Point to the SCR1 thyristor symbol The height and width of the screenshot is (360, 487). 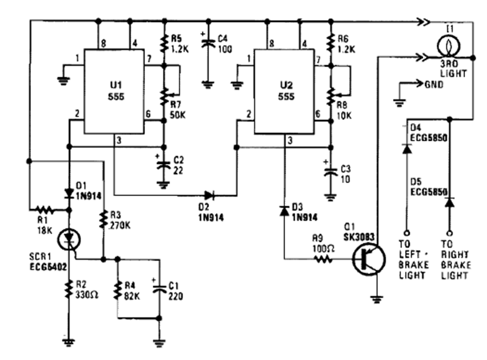click(69, 239)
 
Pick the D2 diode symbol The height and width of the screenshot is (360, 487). click(208, 194)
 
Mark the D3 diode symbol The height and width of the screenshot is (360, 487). click(284, 211)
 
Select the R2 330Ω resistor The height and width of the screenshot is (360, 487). click(69, 290)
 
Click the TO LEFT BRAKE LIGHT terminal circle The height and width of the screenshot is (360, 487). click(407, 232)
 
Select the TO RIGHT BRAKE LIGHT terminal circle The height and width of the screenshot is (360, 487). click(450, 232)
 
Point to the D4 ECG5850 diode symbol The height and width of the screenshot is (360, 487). click(407, 149)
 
